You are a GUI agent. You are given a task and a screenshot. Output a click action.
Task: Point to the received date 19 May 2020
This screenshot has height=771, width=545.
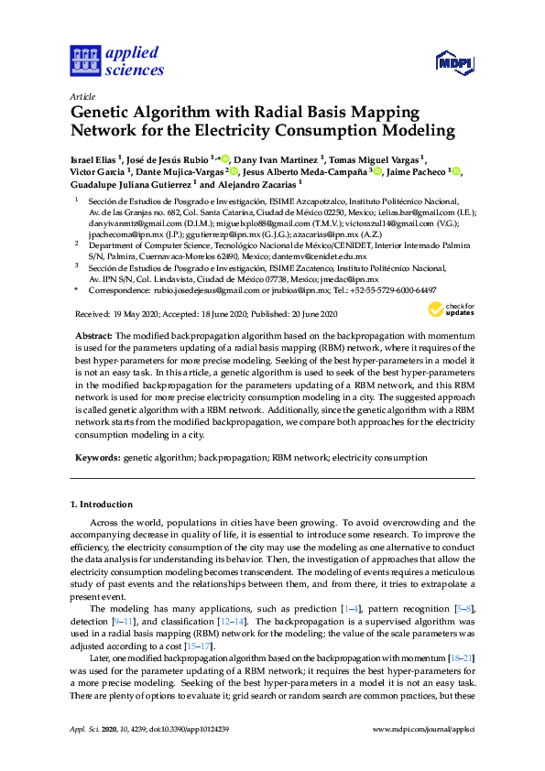130,315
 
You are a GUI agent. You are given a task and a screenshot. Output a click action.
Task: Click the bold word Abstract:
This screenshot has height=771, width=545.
93,337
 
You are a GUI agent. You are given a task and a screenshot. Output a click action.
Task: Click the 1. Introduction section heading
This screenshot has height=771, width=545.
102,505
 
